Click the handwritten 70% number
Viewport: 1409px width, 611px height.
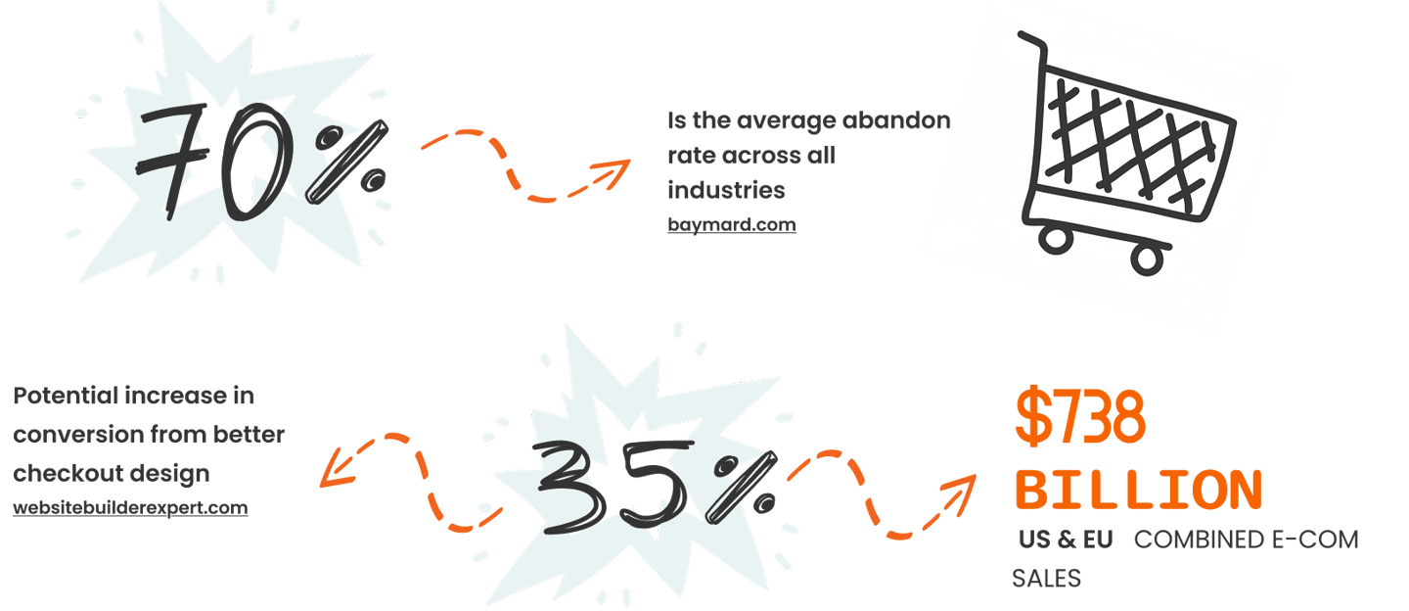(x=259, y=157)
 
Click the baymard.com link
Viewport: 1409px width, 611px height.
(x=731, y=224)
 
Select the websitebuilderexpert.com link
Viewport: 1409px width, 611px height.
(x=130, y=508)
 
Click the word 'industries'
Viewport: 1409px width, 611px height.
(x=727, y=188)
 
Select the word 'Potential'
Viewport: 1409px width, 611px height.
(x=66, y=397)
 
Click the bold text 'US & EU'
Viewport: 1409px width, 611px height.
(x=1065, y=540)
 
